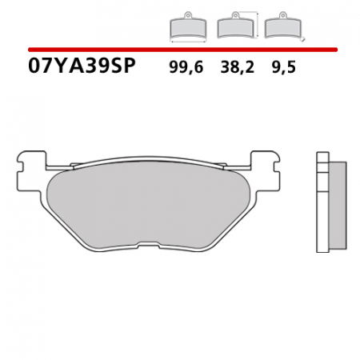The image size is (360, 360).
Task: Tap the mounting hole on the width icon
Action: pyautogui.click(x=186, y=16)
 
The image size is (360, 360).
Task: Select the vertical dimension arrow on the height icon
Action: pyautogui.click(x=258, y=24)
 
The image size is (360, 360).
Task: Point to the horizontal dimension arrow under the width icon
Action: pyautogui.click(x=186, y=39)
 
